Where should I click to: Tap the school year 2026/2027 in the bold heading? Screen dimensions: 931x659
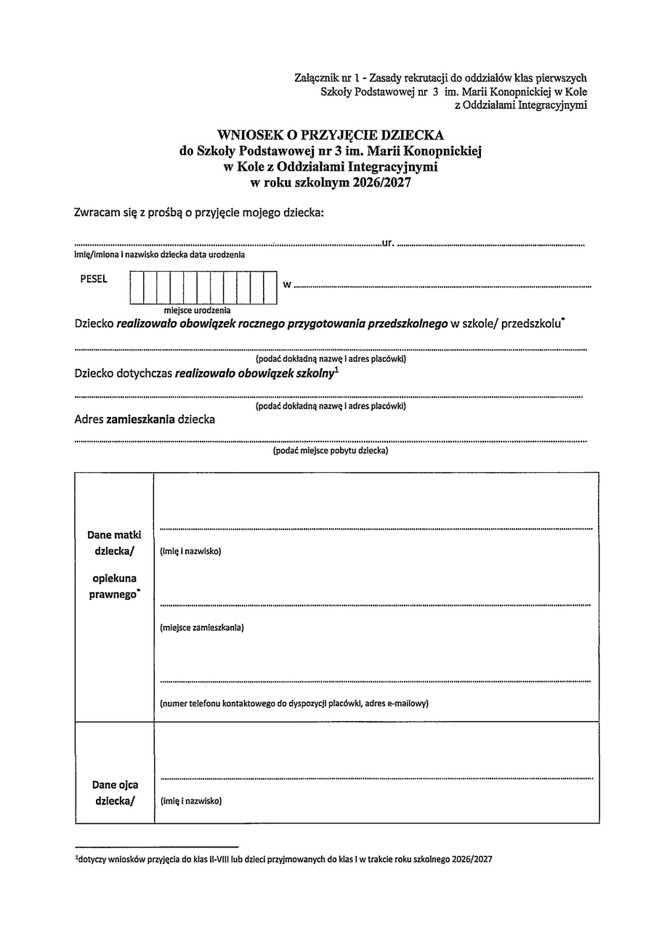(382, 184)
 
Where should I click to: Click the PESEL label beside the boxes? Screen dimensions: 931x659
(94, 280)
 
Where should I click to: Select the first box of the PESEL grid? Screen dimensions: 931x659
(137, 287)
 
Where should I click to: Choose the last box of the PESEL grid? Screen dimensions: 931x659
(271, 287)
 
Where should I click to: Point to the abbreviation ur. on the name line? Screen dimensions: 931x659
(387, 243)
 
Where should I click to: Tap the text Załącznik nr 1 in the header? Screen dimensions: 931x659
(326, 78)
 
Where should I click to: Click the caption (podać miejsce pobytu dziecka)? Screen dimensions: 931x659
(331, 451)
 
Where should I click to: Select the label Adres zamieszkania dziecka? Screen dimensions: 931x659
(145, 419)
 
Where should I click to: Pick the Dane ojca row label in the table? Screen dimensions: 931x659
(115, 785)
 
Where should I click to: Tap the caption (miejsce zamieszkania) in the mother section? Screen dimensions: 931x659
(202, 627)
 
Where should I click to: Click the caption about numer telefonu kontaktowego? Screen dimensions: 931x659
(294, 703)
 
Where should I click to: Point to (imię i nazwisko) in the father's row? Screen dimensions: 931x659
(190, 801)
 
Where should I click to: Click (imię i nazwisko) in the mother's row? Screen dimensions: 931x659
(190, 551)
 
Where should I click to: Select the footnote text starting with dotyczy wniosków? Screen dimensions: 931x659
(284, 859)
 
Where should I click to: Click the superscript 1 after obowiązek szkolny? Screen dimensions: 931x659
(337, 370)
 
